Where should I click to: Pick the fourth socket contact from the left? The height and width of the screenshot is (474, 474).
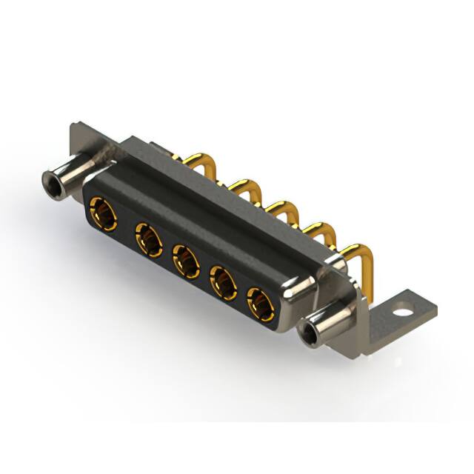pyautogui.click(x=223, y=281)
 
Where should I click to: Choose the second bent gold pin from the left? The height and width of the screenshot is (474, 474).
pyautogui.click(x=241, y=185)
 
